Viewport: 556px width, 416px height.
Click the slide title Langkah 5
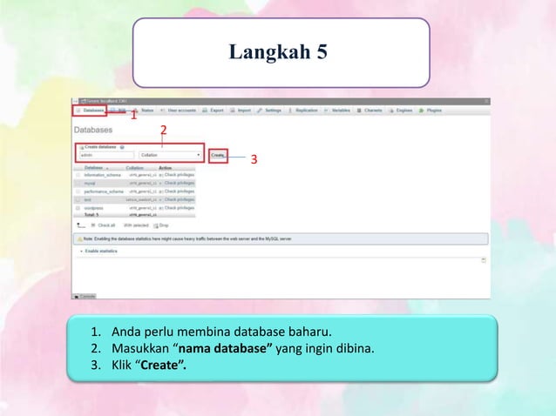click(x=278, y=53)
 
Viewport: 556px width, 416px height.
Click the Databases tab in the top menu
click(x=92, y=111)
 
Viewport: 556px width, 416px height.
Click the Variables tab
click(x=340, y=111)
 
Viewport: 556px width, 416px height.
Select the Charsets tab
click(x=372, y=111)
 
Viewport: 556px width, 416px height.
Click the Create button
click(x=218, y=155)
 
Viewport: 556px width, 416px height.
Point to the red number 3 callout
click(x=254, y=160)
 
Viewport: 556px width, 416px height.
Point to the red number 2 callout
click(x=163, y=131)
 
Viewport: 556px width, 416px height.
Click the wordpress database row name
click(x=94, y=208)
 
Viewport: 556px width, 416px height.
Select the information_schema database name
click(x=103, y=175)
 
